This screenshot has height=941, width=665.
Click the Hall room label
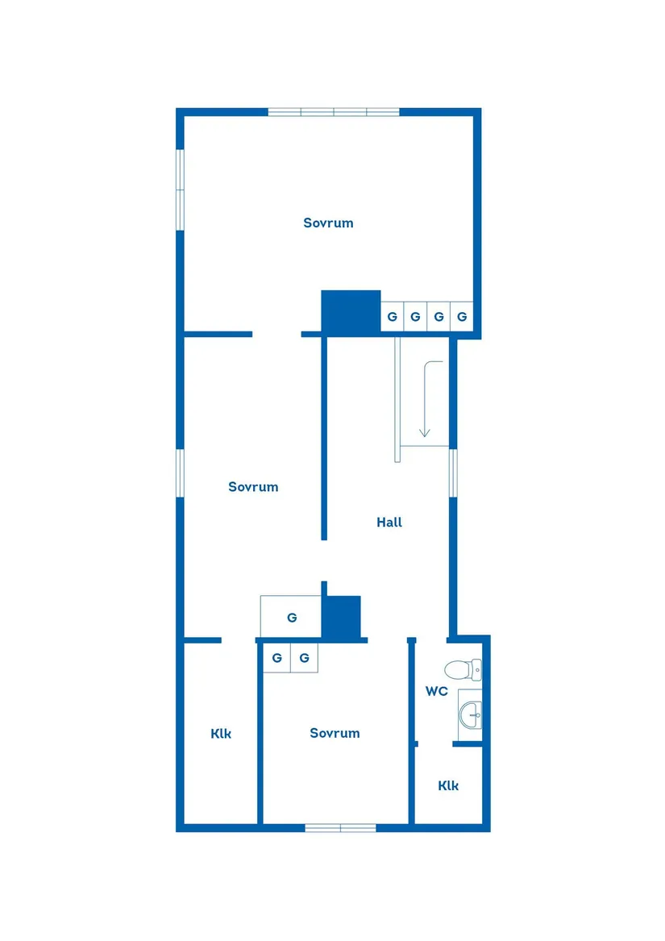389,523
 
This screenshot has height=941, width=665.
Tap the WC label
437,691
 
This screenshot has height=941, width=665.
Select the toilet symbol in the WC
463,669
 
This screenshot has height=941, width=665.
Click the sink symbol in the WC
472,713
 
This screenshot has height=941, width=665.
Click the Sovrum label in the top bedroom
328,223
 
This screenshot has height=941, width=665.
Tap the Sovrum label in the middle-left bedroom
253,487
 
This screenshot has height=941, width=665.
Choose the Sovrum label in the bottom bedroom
335,733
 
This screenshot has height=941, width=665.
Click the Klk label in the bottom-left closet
221,734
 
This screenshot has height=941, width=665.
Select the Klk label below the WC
449,785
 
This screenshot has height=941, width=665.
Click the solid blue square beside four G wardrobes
351,311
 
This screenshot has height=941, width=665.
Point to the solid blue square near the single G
341,617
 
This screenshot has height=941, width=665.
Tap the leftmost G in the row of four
392,317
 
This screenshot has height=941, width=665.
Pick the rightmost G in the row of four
462,317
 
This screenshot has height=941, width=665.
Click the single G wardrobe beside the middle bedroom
292,618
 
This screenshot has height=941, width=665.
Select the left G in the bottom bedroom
276,658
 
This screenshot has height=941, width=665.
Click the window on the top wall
334,112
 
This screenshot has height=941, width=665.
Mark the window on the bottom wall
340,827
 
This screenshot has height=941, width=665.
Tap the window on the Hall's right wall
453,473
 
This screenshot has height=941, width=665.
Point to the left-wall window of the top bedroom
181,189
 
